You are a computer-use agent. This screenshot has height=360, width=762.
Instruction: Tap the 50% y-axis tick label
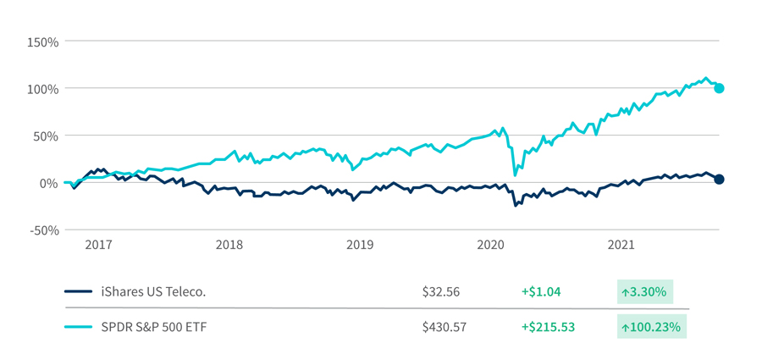click(x=43, y=136)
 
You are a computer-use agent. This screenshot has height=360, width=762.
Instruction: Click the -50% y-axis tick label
click(x=41, y=230)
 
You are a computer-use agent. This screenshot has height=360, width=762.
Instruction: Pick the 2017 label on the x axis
click(x=98, y=245)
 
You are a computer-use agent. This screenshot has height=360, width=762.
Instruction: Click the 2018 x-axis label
click(x=229, y=245)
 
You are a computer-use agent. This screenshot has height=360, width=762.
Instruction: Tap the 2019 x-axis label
click(x=360, y=245)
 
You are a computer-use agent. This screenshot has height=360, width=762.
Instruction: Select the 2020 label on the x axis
click(x=491, y=245)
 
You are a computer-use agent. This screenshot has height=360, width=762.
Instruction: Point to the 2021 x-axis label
click(x=621, y=245)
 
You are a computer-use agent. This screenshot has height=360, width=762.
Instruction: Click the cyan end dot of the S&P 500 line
click(x=719, y=88)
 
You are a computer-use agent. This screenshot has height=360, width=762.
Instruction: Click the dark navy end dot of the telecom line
click(x=719, y=180)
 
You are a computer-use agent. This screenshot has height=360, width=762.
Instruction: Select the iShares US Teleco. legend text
click(x=152, y=291)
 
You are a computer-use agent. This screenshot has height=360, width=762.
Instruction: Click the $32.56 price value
click(x=440, y=291)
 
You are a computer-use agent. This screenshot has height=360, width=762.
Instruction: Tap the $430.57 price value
click(x=444, y=326)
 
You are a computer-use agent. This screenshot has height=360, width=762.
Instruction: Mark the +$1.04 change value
click(x=540, y=291)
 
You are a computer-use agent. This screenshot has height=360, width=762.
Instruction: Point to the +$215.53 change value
click(x=547, y=326)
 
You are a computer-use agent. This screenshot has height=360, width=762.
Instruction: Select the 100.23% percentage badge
click(x=651, y=326)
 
